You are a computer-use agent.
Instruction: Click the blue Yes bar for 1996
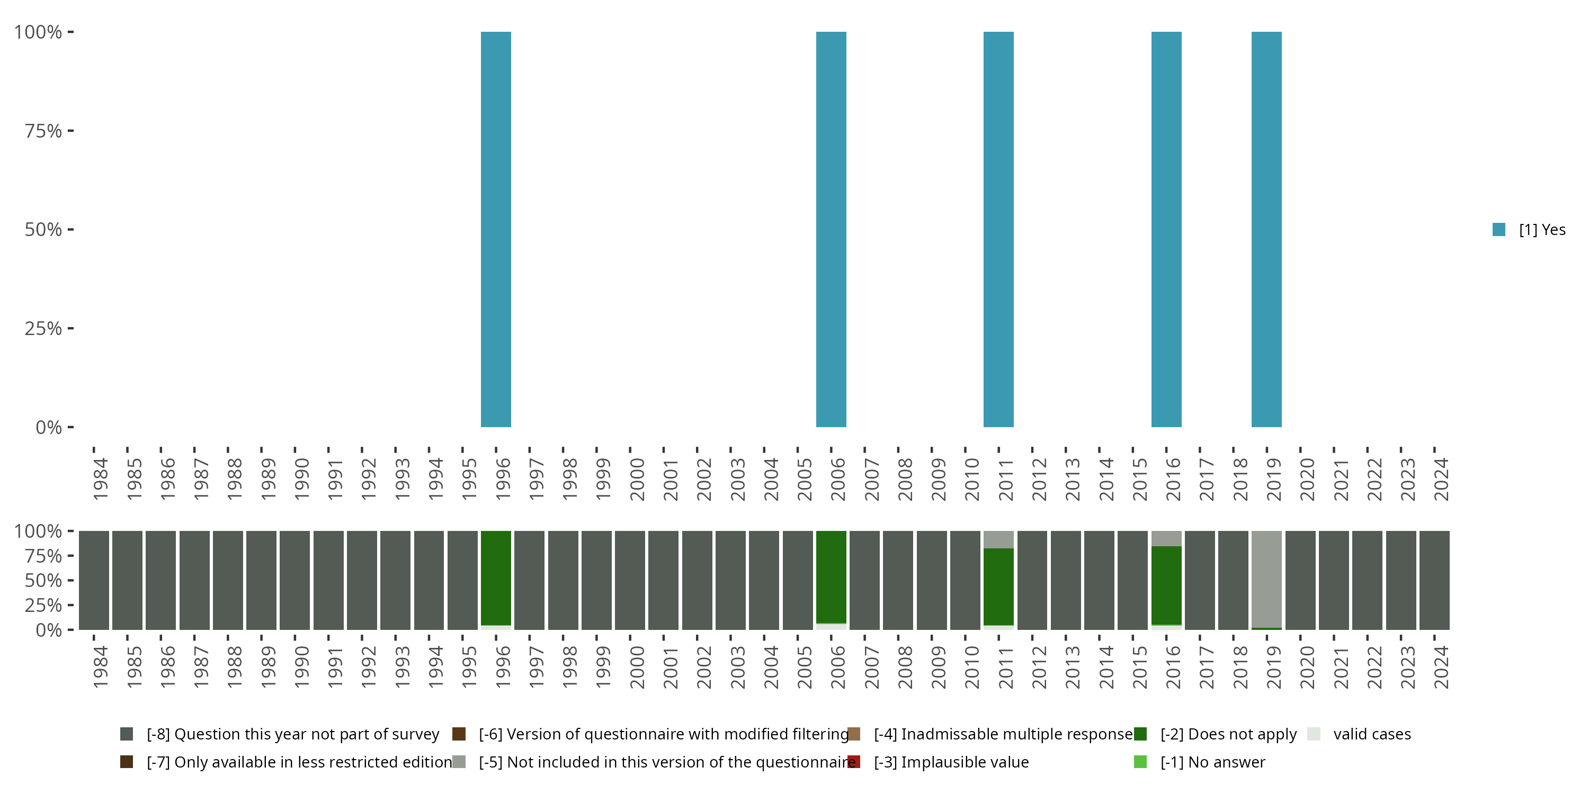tap(496, 229)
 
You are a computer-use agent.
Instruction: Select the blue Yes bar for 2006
tap(831, 229)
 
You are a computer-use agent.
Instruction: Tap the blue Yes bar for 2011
tap(998, 229)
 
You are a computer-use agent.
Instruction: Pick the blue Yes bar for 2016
tap(1166, 229)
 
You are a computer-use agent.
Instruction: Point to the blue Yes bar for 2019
tap(1266, 229)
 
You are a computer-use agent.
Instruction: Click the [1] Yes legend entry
tap(1529, 230)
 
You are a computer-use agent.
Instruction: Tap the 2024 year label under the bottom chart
tap(1441, 667)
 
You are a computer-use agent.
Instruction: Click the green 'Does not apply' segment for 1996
tap(496, 578)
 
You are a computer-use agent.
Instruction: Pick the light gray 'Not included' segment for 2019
tap(1266, 578)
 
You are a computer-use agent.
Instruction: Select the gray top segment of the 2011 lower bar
tap(998, 539)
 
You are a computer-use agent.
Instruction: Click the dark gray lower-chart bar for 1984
tap(94, 580)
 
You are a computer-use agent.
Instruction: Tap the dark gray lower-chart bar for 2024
tap(1434, 580)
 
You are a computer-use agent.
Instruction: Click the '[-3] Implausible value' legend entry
tap(950, 762)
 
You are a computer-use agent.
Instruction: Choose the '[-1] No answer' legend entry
tap(1211, 762)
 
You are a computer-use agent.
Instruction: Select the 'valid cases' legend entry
tap(1371, 734)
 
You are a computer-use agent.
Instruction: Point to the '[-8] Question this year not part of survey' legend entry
tap(292, 734)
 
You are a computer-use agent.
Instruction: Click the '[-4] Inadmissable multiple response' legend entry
tap(1002, 734)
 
